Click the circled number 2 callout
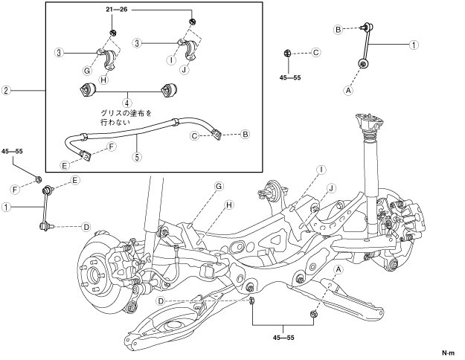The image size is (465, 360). click(6, 90)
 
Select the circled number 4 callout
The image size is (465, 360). click(127, 103)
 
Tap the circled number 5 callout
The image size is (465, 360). click(137, 157)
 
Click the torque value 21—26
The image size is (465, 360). click(117, 10)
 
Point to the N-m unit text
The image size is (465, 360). click(448, 353)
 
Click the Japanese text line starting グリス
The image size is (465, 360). click(126, 113)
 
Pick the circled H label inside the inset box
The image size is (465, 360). click(103, 80)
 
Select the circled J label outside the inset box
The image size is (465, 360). click(331, 188)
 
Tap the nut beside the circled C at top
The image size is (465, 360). click(287, 53)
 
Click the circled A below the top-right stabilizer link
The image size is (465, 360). click(349, 90)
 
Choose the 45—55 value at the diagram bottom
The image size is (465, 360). click(283, 338)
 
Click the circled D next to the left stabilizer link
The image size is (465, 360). click(86, 227)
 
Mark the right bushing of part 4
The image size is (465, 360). click(168, 89)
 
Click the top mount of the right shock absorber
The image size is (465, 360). click(370, 121)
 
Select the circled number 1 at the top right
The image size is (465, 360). click(414, 45)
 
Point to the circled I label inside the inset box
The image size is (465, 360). click(171, 60)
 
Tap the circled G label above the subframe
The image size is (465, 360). click(219, 186)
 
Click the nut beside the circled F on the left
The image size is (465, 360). click(38, 179)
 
